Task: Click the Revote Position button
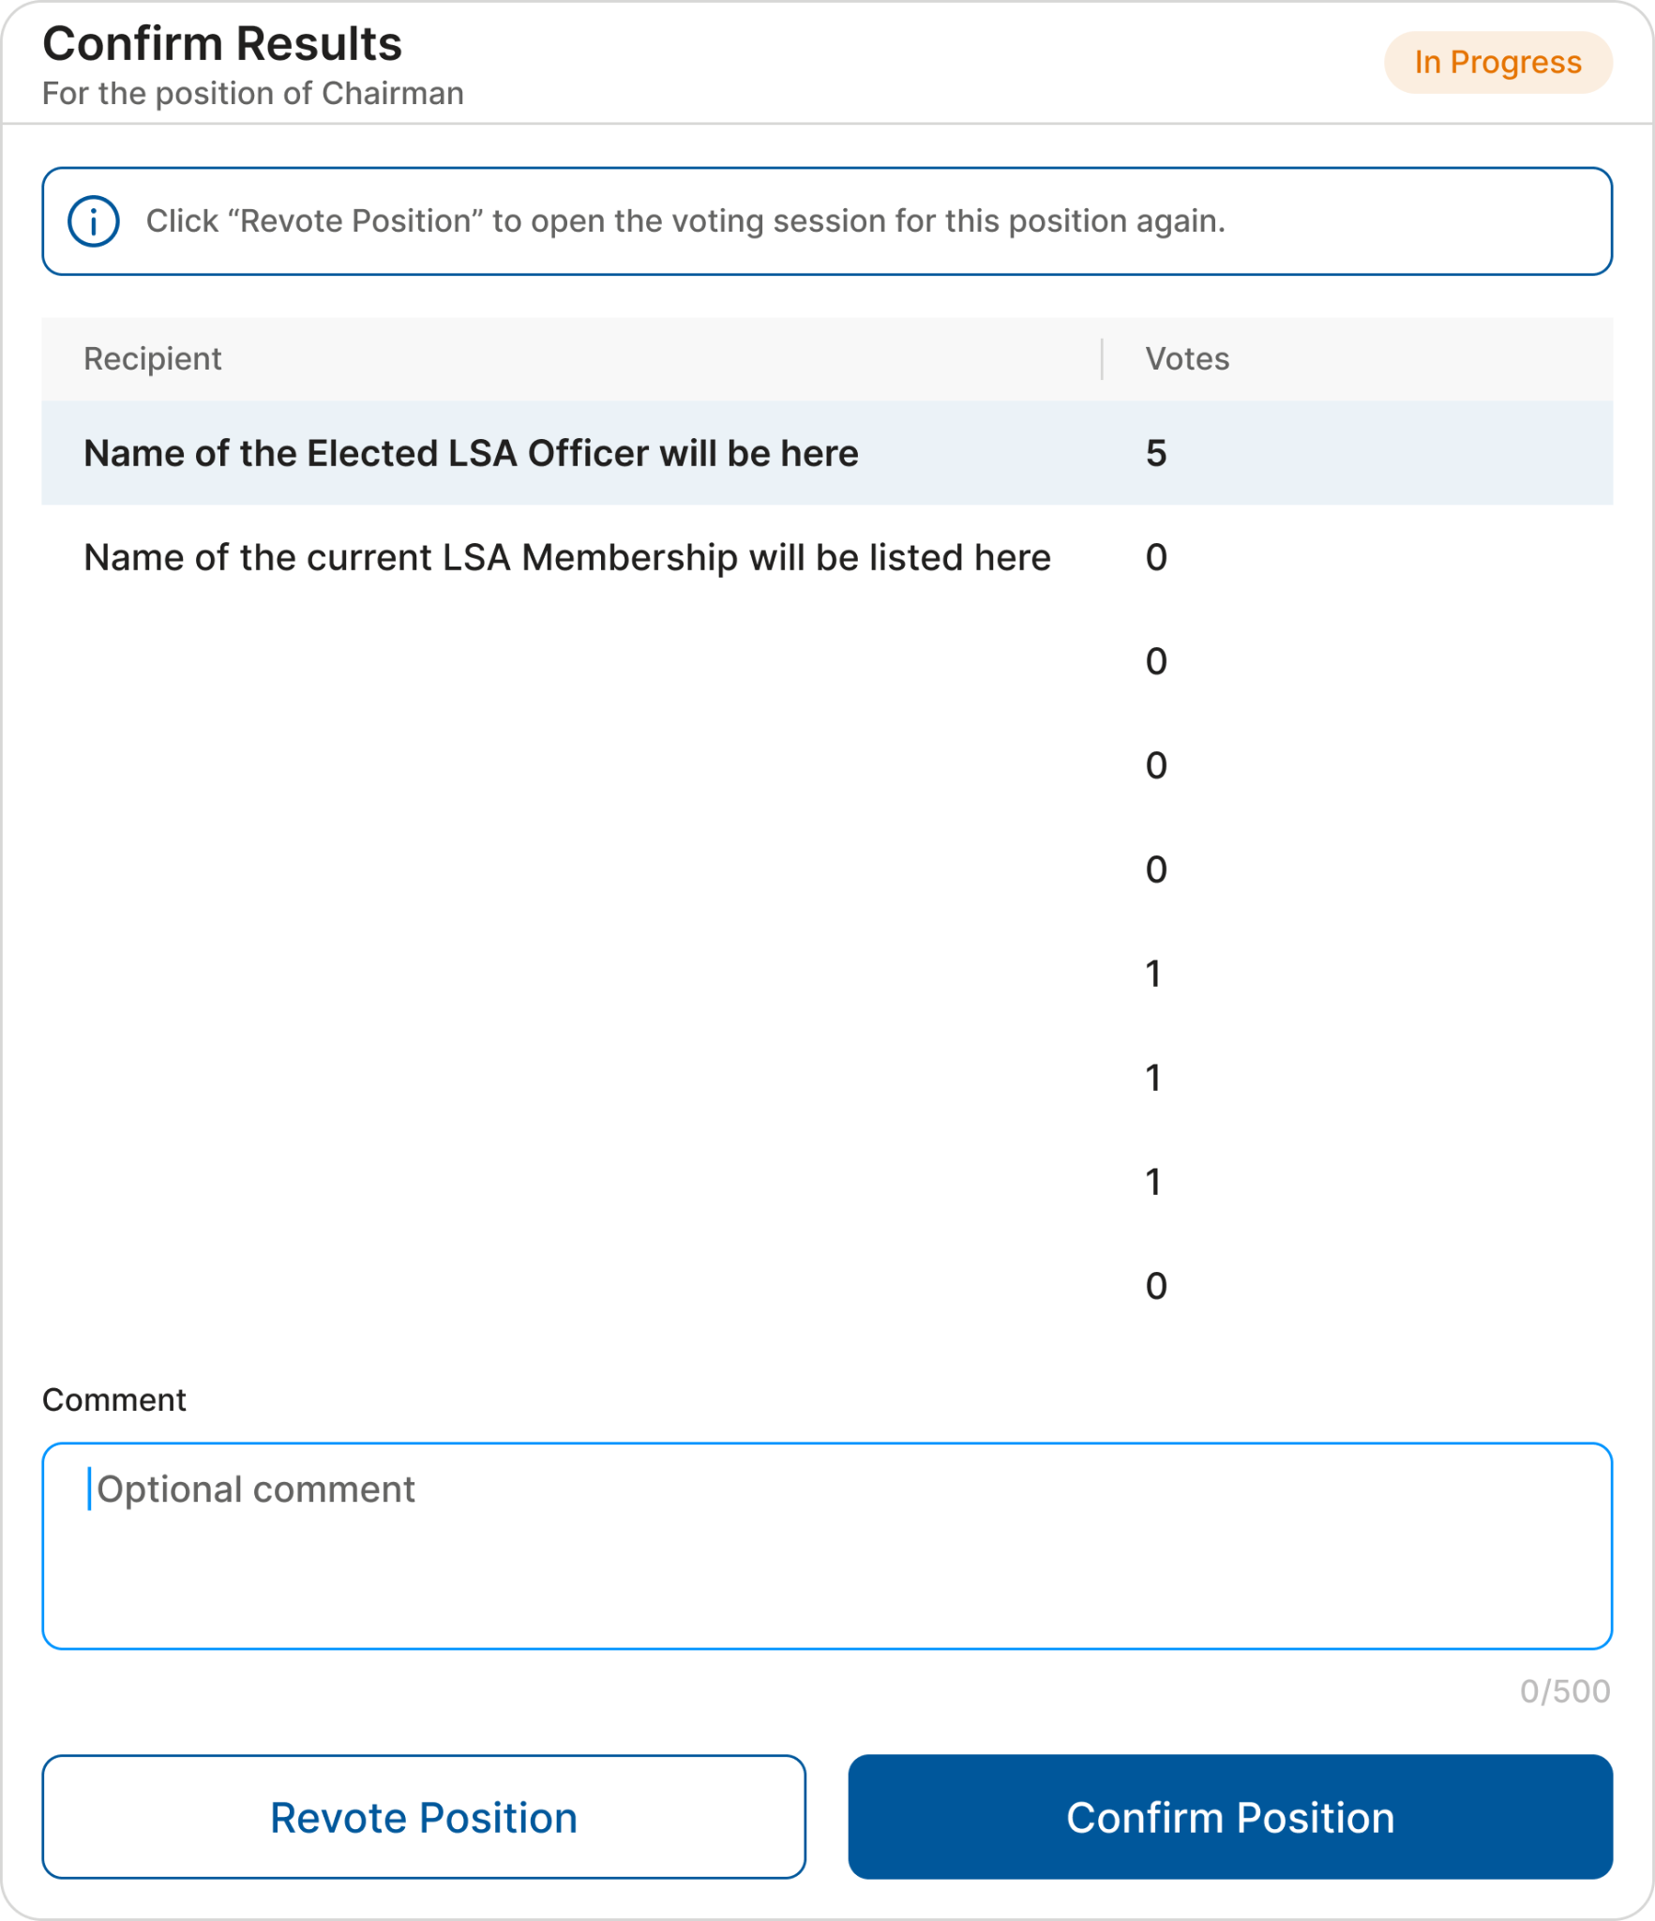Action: (x=423, y=1817)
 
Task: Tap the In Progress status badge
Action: (x=1497, y=62)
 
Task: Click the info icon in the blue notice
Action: (x=93, y=222)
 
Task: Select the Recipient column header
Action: (x=152, y=359)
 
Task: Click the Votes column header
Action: (x=1186, y=359)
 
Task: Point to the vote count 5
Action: (x=1155, y=454)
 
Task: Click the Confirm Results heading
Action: (x=222, y=44)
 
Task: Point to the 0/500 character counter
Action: (x=1564, y=1691)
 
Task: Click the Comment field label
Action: (x=113, y=1399)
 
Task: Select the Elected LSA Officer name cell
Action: (x=471, y=454)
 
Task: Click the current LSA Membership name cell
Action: (x=566, y=558)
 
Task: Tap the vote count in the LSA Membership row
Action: (x=1155, y=558)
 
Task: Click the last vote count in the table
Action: (x=1155, y=1286)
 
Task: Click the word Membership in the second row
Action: (x=629, y=558)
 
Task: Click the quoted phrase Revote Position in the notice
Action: (x=361, y=221)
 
